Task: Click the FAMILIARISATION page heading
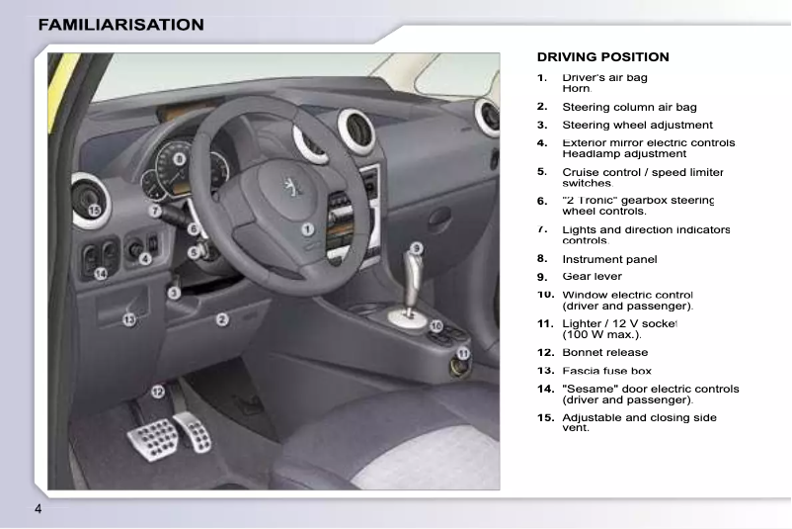121,24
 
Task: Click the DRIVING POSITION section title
602,57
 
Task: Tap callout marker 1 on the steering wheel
308,228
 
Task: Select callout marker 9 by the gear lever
417,248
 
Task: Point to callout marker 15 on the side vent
94,211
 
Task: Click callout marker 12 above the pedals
157,392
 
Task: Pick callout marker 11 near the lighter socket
463,353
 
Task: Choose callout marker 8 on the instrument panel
180,158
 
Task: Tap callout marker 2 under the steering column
222,319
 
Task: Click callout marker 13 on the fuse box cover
128,318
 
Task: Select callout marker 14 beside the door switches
100,274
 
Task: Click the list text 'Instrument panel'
609,259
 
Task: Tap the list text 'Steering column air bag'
629,107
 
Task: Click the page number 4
38,508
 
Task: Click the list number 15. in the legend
545,417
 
